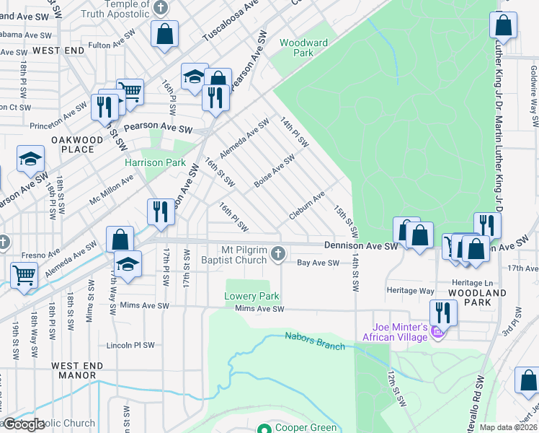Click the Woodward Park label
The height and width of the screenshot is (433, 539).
(x=303, y=48)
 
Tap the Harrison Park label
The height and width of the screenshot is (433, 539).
(x=155, y=162)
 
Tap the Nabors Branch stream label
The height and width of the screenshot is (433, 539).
(x=315, y=341)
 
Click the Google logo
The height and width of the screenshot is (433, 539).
(x=23, y=424)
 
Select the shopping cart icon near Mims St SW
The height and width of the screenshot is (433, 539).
(x=24, y=274)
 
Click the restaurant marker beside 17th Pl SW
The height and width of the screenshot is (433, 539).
(x=159, y=211)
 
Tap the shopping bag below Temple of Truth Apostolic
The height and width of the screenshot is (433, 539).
(x=165, y=33)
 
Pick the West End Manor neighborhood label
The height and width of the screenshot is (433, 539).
(x=73, y=371)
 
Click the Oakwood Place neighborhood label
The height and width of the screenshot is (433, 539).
(x=72, y=144)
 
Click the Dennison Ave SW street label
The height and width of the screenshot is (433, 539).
(x=360, y=246)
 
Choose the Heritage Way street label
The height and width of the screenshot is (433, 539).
(x=411, y=291)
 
